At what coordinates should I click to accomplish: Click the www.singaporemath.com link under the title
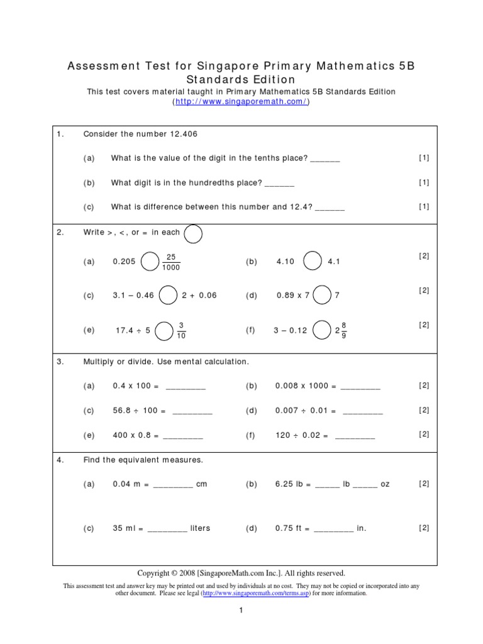coord(241,102)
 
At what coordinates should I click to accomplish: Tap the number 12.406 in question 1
coord(187,134)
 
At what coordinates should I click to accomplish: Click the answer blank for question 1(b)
coord(279,183)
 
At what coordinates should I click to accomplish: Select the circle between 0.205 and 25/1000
coord(150,261)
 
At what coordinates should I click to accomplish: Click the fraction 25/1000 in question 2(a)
coord(170,262)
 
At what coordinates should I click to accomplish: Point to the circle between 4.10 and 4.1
coord(313,261)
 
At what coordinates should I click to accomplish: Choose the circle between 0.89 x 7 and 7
coord(322,295)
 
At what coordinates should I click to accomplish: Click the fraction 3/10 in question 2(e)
coord(181,330)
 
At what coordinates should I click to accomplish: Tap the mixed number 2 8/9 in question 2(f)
coord(341,330)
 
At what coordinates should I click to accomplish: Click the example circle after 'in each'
coord(193,233)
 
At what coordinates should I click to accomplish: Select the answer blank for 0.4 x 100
coord(186,387)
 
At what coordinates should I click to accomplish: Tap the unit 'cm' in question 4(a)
coord(201,484)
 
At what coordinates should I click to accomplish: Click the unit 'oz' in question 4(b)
coord(385,484)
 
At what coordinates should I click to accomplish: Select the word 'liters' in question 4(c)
coord(201,528)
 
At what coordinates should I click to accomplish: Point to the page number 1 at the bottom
coord(241,610)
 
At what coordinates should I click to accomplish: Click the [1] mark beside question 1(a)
coord(424,158)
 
